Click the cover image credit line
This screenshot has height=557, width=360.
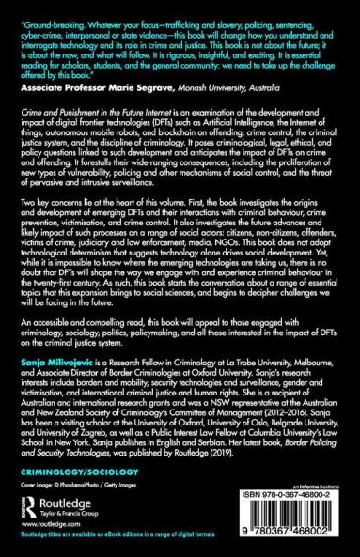pyautogui.click(x=78, y=478)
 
